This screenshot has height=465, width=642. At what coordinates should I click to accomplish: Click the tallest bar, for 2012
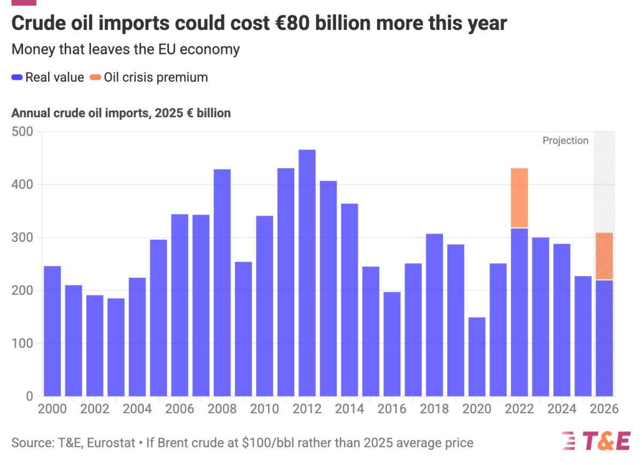[x=307, y=273]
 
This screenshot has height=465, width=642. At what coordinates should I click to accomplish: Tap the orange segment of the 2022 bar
[x=519, y=198]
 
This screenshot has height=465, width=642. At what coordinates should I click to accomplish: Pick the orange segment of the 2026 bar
[x=604, y=256]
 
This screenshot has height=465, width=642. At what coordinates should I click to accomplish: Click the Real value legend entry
[x=48, y=77]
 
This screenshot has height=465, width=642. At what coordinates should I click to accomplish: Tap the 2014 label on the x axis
[x=349, y=409]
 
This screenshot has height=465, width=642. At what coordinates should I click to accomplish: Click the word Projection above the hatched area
[x=565, y=141]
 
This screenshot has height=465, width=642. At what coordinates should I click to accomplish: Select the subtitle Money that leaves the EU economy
[x=125, y=49]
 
